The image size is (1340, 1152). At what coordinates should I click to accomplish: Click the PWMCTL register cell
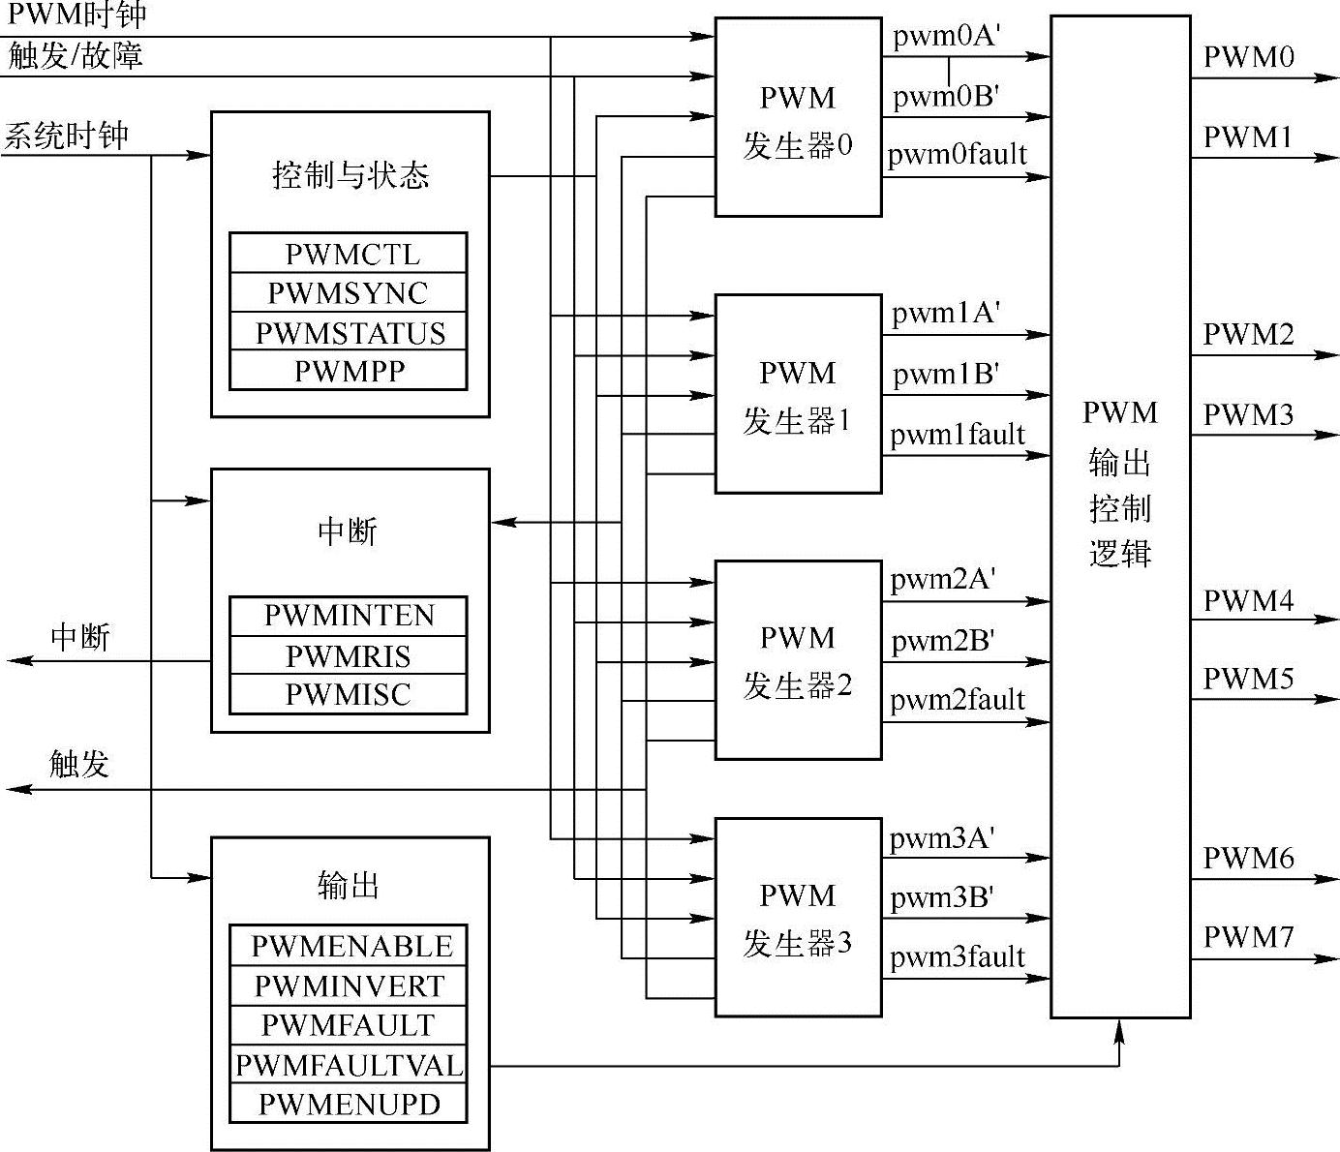pos(349,254)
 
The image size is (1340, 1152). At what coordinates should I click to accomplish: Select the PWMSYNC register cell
pos(349,292)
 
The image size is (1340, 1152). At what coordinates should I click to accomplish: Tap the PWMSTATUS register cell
pos(349,333)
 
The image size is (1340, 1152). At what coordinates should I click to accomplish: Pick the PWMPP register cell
pos(349,371)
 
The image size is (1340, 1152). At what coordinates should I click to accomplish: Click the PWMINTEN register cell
pos(349,616)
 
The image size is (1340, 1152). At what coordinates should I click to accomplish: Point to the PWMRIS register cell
pos(349,656)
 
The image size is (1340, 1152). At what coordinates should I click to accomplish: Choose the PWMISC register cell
pos(349,694)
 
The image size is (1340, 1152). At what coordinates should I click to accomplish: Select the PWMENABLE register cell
pos(349,946)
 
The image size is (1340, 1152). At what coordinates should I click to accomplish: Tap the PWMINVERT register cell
pos(349,985)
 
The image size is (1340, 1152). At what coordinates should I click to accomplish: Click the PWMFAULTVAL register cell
pos(349,1065)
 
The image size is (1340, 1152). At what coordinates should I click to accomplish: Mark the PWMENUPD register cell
pos(349,1104)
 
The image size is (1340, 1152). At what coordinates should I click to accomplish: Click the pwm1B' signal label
pos(945,375)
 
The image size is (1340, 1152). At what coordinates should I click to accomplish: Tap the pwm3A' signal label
pos(942,838)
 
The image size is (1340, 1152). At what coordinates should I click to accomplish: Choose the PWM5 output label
pos(1248,679)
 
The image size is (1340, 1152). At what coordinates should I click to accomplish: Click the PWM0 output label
pos(1248,57)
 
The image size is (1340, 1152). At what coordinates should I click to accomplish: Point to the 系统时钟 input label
pos(66,136)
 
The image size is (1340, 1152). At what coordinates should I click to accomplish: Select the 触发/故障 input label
pos(76,55)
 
